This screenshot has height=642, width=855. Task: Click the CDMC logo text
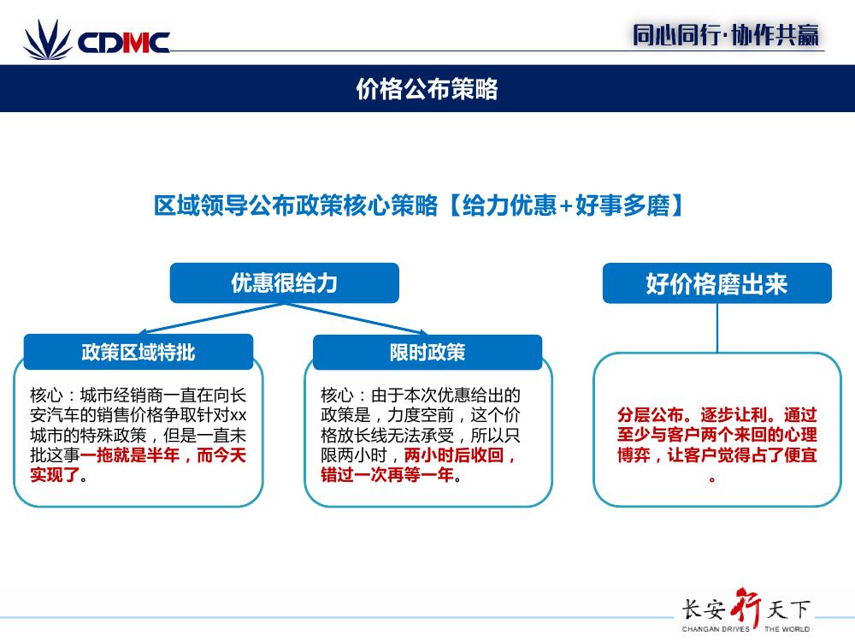point(124,43)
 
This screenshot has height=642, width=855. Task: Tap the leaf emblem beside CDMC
point(48,39)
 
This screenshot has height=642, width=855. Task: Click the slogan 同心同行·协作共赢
point(726,35)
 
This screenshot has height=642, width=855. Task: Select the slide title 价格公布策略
point(427,88)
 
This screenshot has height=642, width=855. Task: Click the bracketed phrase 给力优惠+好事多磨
point(566,205)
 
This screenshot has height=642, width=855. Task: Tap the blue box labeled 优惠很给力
point(285,282)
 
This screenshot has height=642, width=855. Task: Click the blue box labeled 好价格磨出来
point(717,283)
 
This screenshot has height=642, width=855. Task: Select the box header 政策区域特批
point(139,352)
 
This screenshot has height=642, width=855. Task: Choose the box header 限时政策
point(427,352)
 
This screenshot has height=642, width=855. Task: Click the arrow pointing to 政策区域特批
point(211,318)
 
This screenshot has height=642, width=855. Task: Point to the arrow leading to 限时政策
point(356,318)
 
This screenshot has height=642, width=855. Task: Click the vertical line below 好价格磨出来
point(717,328)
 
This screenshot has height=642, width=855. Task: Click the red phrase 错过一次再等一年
point(387,475)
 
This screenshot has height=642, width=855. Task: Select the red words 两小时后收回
point(454,455)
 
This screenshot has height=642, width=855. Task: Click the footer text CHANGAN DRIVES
point(716,629)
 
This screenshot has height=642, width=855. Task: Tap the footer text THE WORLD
point(787,629)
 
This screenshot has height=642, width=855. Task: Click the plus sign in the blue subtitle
point(566,205)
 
